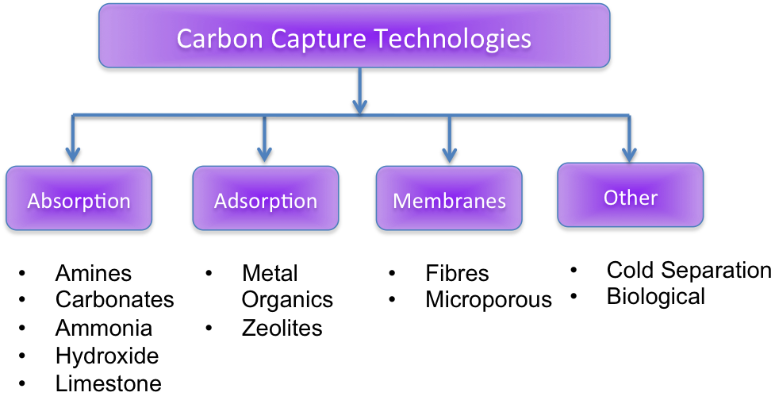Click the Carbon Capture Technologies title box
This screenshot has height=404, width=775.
pyautogui.click(x=354, y=38)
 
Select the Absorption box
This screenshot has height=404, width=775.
pyautogui.click(x=78, y=199)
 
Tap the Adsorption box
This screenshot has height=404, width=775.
pyautogui.click(x=266, y=200)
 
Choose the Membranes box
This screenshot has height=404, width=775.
pyautogui.click(x=449, y=200)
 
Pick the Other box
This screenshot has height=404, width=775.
pyautogui.click(x=631, y=196)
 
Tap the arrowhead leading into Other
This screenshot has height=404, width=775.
pyautogui.click(x=630, y=152)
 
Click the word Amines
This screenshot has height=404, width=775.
pyautogui.click(x=94, y=274)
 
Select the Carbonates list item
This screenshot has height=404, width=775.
pyautogui.click(x=115, y=300)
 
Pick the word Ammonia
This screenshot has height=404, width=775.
pyautogui.click(x=104, y=328)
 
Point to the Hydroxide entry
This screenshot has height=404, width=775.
pyautogui.click(x=107, y=356)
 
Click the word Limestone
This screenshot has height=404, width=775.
pyautogui.click(x=109, y=384)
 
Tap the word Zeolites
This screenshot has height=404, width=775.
pyautogui.click(x=282, y=328)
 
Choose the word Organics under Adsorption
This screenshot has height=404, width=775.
pyautogui.click(x=287, y=300)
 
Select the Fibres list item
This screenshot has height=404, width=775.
pyautogui.click(x=458, y=274)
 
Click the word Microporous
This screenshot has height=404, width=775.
pyautogui.click(x=489, y=300)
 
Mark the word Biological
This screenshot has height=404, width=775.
pyautogui.click(x=656, y=297)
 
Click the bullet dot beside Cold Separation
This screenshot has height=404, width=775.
pyautogui.click(x=575, y=271)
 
